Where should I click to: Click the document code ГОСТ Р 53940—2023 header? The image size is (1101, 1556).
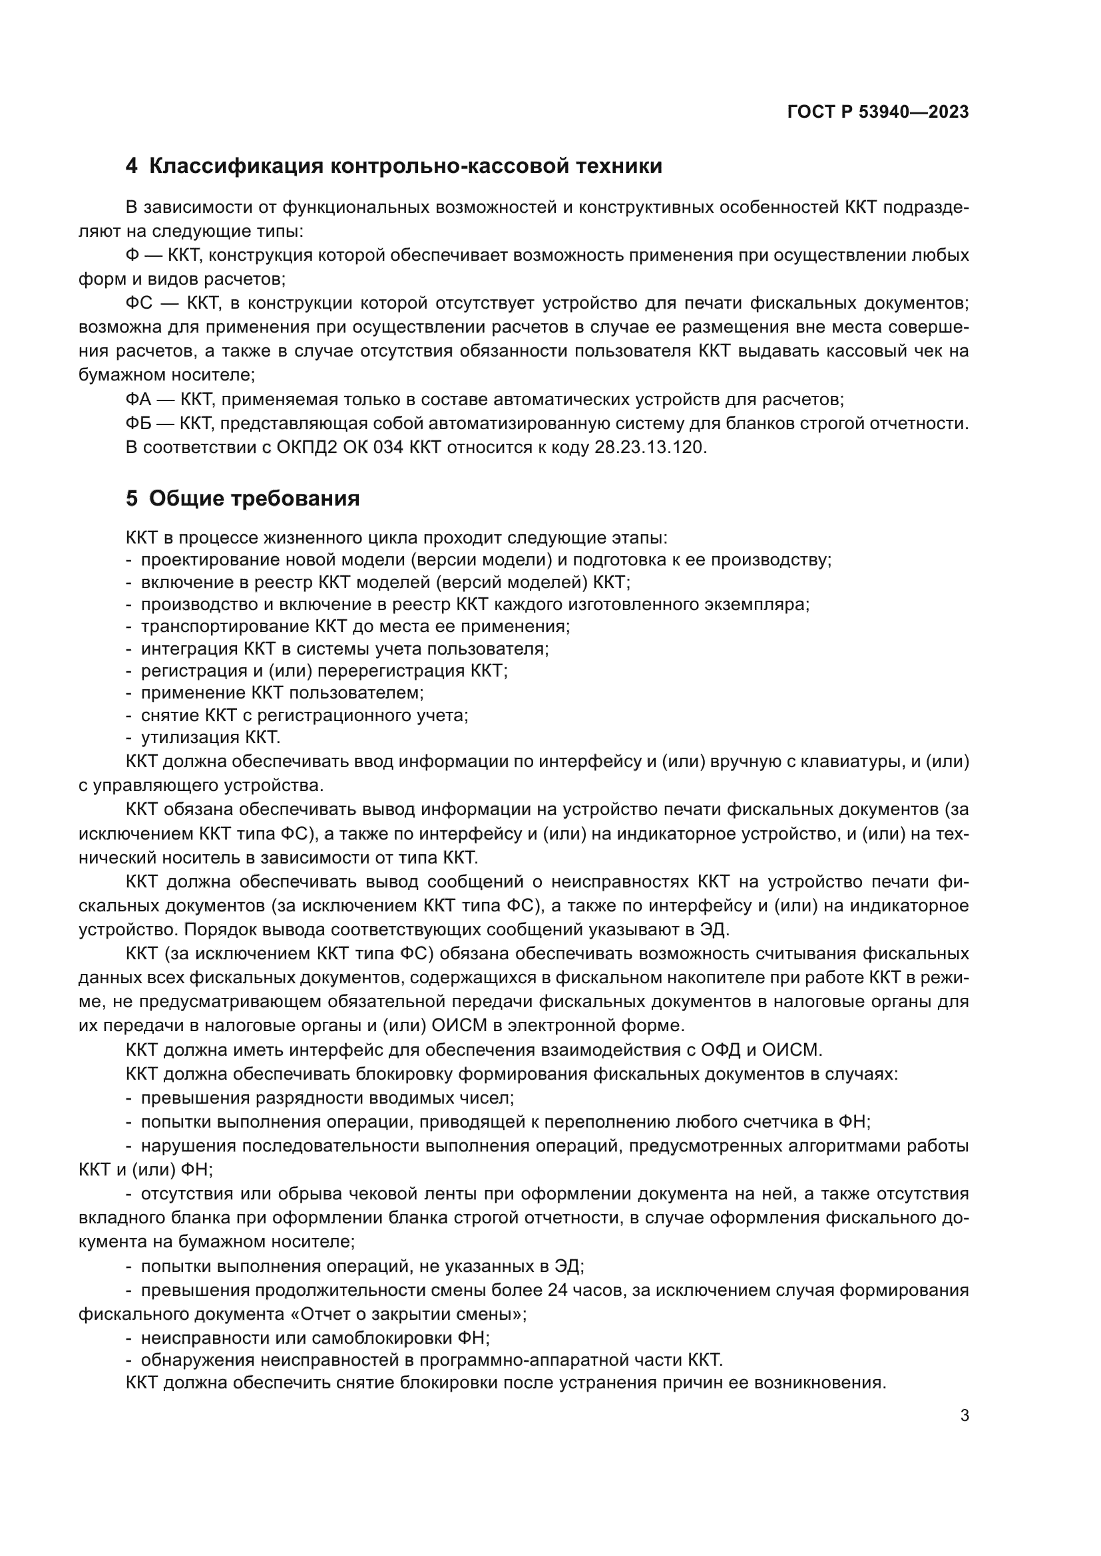pos(877,112)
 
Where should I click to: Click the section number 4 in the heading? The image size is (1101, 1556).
pos(131,166)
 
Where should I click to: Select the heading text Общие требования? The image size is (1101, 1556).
pos(254,499)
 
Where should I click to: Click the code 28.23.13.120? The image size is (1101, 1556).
pos(650,447)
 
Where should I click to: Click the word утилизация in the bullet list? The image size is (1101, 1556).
pos(184,737)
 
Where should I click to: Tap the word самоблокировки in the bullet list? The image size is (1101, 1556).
pos(375,1338)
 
